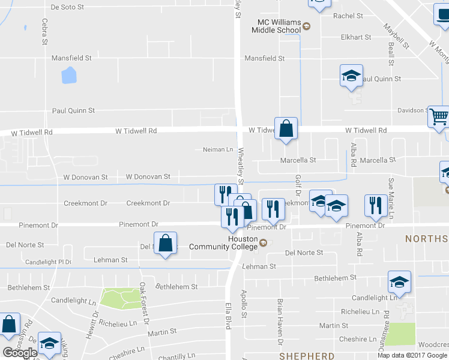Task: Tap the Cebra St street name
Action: (44, 31)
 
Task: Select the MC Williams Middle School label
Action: (276, 26)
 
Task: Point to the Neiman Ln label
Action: (218, 149)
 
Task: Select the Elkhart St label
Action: (356, 37)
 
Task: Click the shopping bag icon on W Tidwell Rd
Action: (286, 128)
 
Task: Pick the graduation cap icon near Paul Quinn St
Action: (351, 76)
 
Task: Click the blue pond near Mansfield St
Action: (69, 75)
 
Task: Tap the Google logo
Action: (20, 353)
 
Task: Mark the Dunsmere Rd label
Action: (387, 321)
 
